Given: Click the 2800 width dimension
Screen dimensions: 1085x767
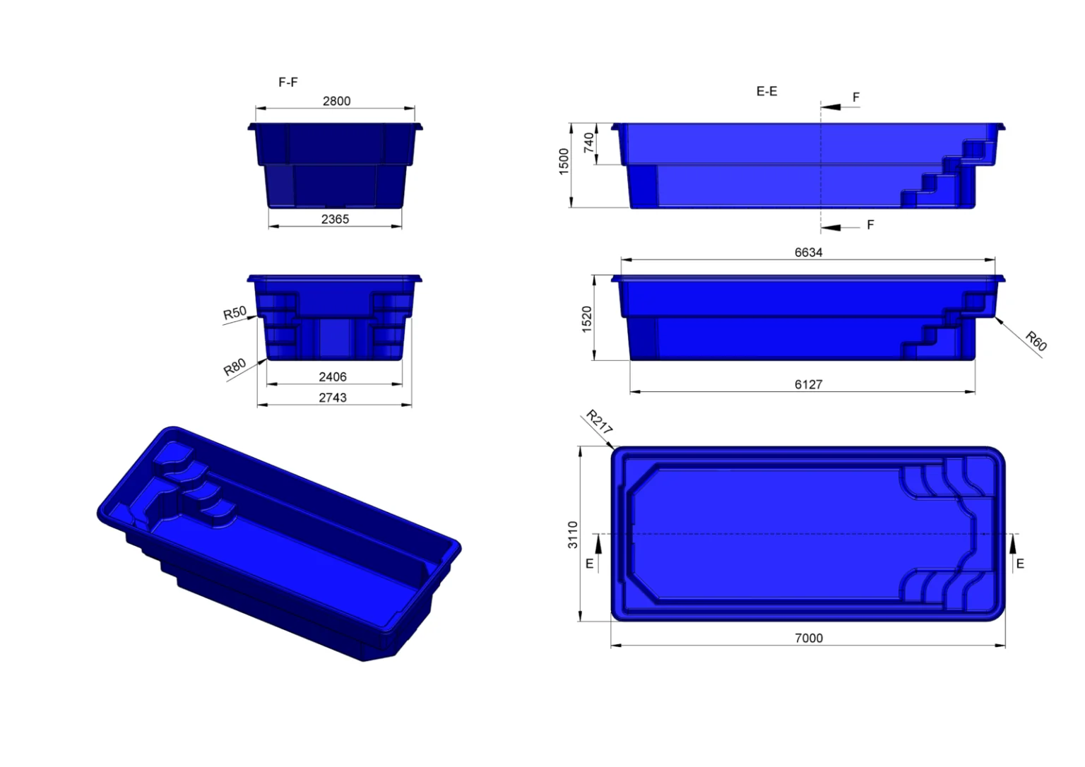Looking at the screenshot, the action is click(x=337, y=101).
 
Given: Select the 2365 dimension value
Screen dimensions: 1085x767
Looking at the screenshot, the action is click(x=336, y=220).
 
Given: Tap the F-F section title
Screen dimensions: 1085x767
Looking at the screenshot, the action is click(x=288, y=83).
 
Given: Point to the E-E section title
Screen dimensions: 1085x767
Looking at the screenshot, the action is click(x=766, y=92).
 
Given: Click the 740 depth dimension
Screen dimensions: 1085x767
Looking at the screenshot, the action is click(x=589, y=143).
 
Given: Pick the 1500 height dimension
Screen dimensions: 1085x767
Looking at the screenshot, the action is click(x=564, y=161).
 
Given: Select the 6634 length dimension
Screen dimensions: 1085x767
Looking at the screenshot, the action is click(x=808, y=252).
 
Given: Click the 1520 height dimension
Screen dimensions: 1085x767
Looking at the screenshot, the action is click(x=586, y=319).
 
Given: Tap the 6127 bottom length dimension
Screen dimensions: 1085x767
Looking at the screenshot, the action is click(x=808, y=384).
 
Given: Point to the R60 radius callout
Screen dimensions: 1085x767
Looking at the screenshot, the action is click(x=1036, y=340).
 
